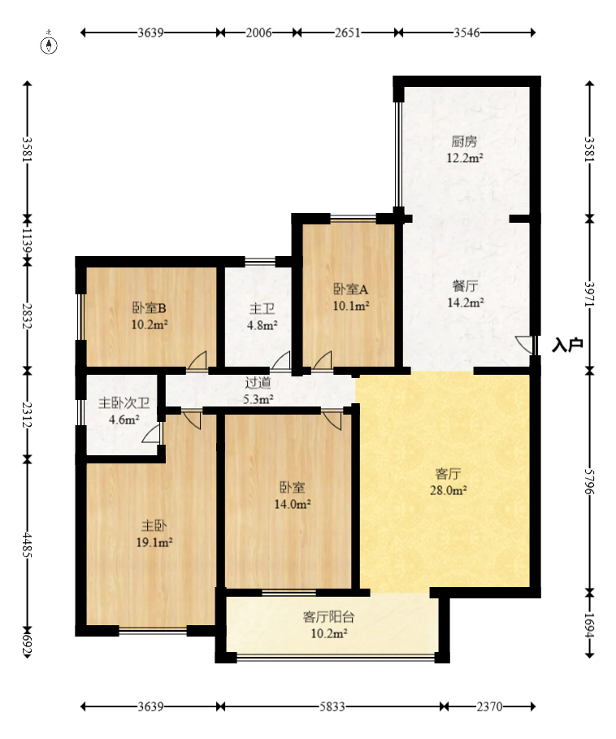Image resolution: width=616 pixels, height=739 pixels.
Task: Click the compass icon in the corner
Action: pos(49,44)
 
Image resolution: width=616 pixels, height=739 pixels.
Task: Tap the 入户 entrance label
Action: pos(567,345)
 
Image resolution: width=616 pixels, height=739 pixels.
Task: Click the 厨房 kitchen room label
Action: pos(464,141)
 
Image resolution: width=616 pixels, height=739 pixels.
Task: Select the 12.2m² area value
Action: pos(465,158)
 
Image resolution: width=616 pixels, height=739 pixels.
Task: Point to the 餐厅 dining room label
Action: pos(466,285)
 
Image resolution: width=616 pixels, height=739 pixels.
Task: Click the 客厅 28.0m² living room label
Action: pos(449,481)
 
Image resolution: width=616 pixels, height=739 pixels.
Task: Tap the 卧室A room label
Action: pos(351,289)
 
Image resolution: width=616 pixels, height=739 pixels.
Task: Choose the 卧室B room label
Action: pos(150,308)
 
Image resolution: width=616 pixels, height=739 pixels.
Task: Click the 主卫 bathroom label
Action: pos(262,309)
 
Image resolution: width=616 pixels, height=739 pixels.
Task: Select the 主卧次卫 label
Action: pos(124,403)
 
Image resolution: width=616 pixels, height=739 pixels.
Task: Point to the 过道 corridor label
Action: pos(258,383)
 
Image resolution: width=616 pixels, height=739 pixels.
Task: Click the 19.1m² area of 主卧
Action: pos(154,542)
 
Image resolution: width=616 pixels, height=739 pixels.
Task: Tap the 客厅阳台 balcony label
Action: pos(328,617)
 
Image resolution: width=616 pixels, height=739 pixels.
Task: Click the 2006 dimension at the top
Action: pos(259,33)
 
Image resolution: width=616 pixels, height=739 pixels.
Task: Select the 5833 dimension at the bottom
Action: pos(332,706)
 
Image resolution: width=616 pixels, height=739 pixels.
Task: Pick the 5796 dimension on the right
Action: pos(590,481)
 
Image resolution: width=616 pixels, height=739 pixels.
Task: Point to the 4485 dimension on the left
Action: pos(28,545)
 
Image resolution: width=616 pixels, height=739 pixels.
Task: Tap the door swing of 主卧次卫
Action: pos(151,433)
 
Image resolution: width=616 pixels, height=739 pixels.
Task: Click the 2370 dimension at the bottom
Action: pos(490,706)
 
